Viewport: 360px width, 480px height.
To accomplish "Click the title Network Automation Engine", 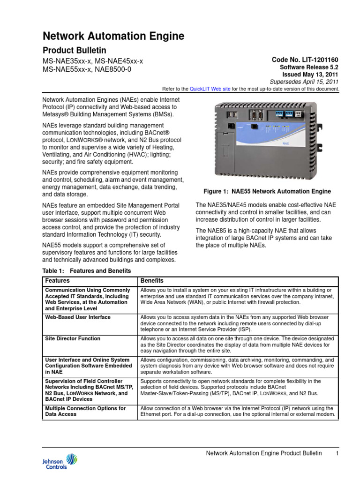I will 113,36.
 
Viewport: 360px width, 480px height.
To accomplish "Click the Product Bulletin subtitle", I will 75,51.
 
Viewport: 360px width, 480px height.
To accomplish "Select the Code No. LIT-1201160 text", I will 305,60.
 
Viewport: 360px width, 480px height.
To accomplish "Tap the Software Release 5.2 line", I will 309,67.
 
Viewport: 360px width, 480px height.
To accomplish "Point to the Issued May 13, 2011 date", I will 310,75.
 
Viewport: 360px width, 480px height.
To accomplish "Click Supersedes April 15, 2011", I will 308,82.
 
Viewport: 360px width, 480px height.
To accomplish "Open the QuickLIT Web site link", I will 207,89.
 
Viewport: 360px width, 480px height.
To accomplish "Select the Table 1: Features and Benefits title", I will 87,271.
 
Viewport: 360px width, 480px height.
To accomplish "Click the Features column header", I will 57,281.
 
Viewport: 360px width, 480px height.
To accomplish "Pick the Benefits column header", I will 152,281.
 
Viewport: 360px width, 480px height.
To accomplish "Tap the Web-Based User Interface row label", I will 78,317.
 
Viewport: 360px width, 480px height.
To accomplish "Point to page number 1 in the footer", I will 337,453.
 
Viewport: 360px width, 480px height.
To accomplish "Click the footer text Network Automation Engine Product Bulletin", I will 264,453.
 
